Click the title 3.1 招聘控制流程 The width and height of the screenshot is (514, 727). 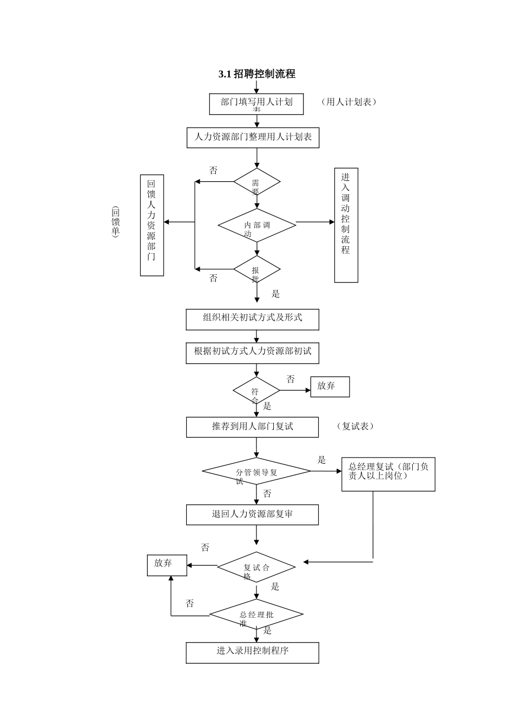(x=256, y=74)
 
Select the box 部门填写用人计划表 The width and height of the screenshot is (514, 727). (x=256, y=104)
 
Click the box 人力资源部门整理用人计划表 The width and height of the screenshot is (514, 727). (x=253, y=137)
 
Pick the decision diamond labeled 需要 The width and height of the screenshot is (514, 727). (x=256, y=182)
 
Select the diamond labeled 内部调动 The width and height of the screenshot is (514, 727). (x=256, y=225)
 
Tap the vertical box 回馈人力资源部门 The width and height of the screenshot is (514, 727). (x=151, y=225)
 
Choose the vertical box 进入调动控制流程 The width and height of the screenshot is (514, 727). (x=346, y=225)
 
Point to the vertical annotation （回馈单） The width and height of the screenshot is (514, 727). (x=115, y=222)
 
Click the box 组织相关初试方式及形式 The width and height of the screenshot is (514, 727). (x=252, y=319)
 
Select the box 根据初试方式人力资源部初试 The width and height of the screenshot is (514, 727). (x=252, y=353)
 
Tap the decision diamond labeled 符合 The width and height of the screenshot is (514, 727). (x=256, y=391)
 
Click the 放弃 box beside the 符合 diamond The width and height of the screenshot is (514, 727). (x=330, y=387)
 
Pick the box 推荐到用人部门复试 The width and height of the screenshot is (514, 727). (x=252, y=427)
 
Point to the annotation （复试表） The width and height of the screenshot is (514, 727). (x=355, y=426)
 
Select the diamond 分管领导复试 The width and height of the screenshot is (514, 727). (x=256, y=472)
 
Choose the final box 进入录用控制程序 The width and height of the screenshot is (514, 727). (x=252, y=652)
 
